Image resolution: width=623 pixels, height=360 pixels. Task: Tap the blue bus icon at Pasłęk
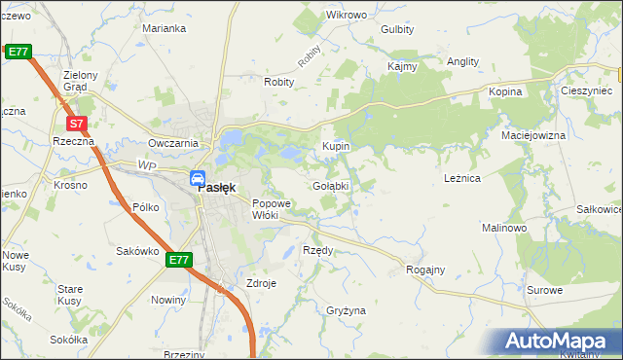(198, 179)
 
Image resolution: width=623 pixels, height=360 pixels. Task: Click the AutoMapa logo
(559, 342)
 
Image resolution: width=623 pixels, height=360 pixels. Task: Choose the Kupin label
(336, 146)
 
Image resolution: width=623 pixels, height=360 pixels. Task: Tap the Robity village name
(278, 83)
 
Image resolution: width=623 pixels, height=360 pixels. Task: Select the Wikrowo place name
(347, 16)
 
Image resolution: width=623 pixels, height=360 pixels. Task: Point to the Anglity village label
(462, 61)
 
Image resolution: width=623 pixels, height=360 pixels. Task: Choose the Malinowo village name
(504, 227)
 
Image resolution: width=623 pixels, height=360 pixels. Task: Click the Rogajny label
(425, 270)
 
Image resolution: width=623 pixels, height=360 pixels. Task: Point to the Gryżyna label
(346, 310)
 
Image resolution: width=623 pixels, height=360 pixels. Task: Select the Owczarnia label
(173, 143)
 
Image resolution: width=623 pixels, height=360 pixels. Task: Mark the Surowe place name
(544, 290)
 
